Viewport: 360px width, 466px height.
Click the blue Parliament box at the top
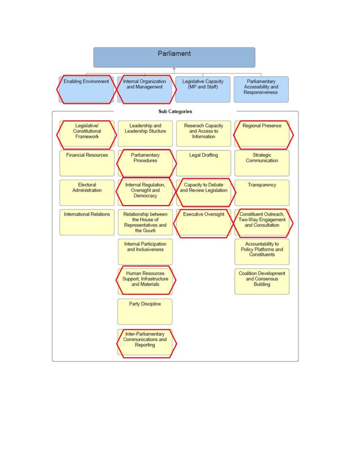174,57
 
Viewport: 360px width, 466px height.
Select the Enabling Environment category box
86,89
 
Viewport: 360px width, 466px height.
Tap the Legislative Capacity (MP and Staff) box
203,89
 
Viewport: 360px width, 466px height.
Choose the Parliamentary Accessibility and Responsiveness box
261,89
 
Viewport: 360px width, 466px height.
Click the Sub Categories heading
175,112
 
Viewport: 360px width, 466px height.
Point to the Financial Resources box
87,163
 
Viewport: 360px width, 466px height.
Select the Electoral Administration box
87,193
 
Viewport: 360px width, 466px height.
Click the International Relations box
87,222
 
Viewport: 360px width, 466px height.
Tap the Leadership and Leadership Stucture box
145,133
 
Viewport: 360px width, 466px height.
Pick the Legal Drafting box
203,163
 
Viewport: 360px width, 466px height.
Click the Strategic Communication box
262,163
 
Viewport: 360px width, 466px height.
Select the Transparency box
262,193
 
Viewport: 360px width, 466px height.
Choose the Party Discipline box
145,312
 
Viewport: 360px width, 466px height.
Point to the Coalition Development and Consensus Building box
262,281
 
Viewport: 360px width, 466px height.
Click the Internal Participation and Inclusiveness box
145,252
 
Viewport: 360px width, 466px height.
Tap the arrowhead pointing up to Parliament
174,69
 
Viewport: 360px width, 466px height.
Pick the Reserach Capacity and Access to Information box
203,133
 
